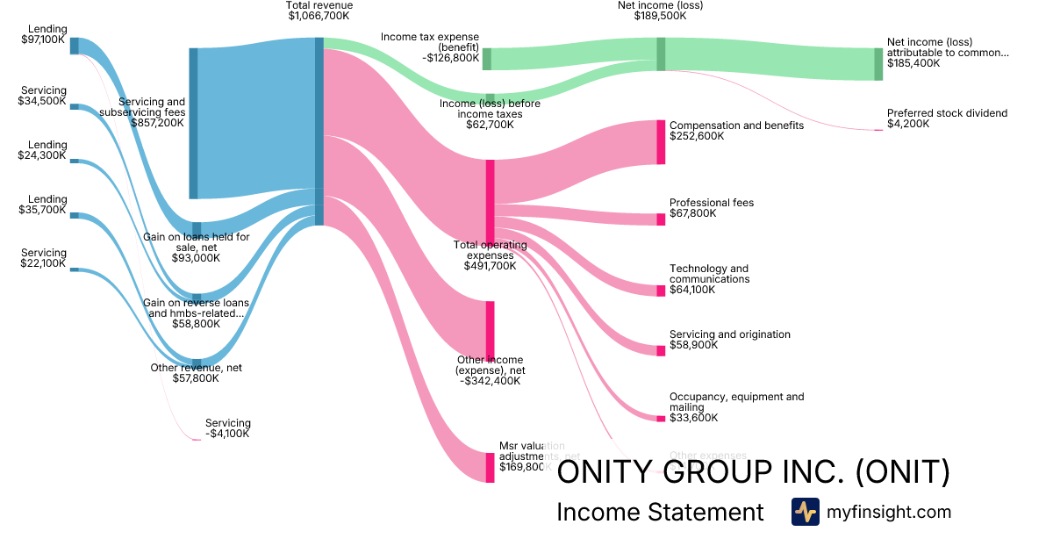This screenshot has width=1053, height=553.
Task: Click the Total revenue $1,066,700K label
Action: point(319,11)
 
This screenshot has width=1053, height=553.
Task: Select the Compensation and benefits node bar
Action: point(661,142)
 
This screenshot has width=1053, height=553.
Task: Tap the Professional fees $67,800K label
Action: point(711,208)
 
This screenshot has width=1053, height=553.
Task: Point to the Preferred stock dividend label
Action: point(947,118)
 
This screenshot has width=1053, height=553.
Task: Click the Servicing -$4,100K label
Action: point(227,428)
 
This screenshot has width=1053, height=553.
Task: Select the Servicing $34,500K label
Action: point(42,96)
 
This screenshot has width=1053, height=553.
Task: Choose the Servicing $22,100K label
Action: point(42,258)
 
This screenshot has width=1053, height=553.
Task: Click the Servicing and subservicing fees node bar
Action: point(193,123)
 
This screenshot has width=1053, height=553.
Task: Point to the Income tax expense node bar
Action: point(486,59)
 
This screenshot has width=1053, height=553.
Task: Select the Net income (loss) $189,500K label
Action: point(660,11)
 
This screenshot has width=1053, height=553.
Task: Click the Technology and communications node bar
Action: point(661,291)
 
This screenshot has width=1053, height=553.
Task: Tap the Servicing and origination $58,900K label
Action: point(729,340)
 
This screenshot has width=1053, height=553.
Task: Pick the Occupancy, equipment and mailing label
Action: point(736,402)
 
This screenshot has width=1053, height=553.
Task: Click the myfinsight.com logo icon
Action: point(805,512)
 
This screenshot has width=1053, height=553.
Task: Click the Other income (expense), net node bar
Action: point(490,330)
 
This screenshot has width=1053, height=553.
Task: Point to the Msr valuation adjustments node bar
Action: point(490,467)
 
